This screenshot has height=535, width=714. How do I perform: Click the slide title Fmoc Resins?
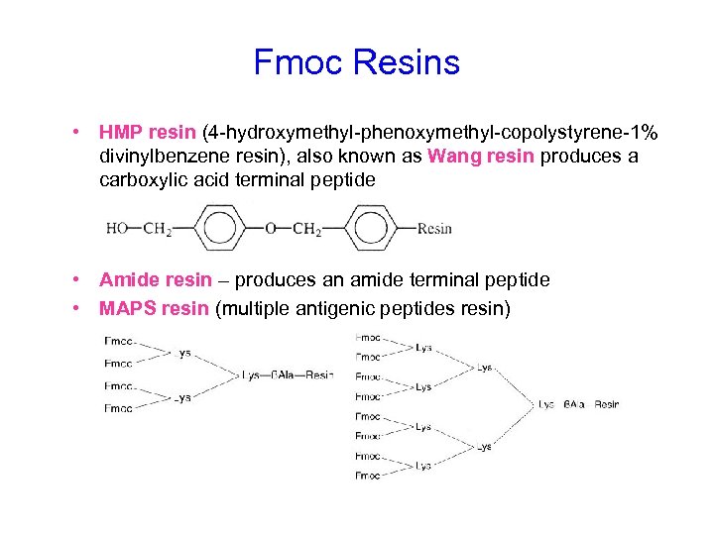(357, 62)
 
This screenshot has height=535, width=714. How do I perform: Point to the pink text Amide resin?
(156, 280)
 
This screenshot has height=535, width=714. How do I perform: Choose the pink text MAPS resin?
(154, 308)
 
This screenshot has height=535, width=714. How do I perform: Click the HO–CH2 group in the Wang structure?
(139, 229)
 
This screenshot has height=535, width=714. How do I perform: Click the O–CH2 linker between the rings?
(293, 229)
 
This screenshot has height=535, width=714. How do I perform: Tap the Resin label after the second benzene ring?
(434, 229)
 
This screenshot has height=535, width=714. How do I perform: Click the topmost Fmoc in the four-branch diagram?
(118, 342)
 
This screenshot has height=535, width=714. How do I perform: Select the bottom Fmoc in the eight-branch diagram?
(368, 476)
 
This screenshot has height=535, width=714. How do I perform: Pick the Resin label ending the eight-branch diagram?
(607, 404)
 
